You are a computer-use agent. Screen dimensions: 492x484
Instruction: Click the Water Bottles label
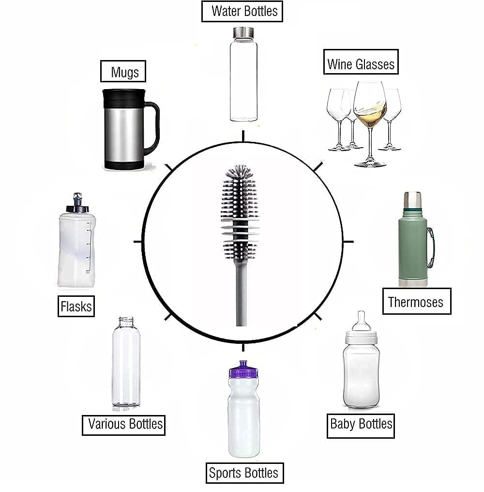[x=242, y=11]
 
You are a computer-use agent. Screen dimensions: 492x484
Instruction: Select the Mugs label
[x=124, y=72]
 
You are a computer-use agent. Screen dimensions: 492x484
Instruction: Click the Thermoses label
[x=416, y=302]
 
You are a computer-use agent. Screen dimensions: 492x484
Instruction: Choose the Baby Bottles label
[x=361, y=425]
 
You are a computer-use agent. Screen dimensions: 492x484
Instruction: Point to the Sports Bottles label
[x=243, y=472]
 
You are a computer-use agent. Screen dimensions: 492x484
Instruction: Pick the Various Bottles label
[x=124, y=424]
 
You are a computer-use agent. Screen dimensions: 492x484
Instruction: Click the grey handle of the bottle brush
[x=241, y=295]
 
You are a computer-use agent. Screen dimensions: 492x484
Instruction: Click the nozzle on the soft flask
[x=76, y=199]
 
